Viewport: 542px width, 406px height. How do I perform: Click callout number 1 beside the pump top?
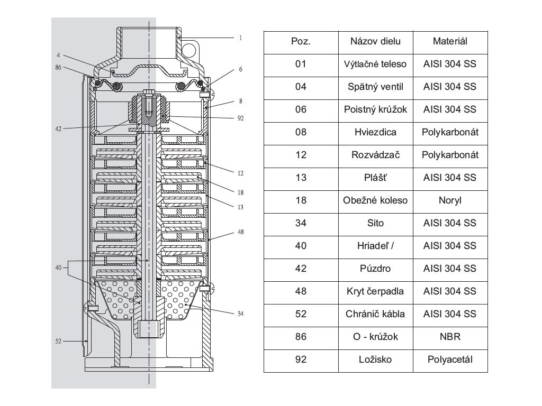tap(240, 38)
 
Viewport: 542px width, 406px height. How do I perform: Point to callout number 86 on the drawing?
tap(59, 68)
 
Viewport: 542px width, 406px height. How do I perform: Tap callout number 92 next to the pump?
tap(240, 119)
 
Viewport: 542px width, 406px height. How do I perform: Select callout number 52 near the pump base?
tap(59, 342)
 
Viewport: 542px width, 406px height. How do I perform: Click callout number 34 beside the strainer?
tap(240, 313)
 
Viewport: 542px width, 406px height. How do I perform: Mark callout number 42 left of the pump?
tap(59, 127)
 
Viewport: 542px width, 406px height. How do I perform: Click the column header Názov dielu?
tap(375, 41)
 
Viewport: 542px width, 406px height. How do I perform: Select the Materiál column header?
tap(450, 41)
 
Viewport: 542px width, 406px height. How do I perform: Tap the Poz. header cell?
tap(301, 41)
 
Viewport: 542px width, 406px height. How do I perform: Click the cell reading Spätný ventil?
tap(375, 87)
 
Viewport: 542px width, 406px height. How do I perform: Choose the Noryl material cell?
tap(450, 200)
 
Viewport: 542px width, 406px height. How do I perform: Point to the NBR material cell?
tap(450, 336)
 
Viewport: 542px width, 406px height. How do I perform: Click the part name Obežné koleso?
tap(375, 200)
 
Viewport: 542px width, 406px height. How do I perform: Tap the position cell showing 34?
tap(301, 223)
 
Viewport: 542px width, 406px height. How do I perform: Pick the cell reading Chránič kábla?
tap(375, 314)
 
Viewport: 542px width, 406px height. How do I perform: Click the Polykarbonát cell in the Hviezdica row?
tap(450, 132)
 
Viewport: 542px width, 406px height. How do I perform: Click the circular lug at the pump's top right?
tap(189, 50)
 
